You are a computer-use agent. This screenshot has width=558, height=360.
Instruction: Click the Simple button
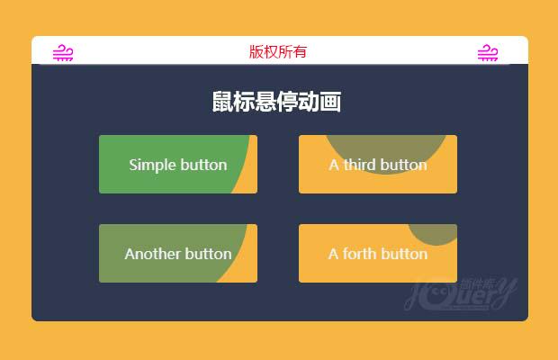click(x=178, y=165)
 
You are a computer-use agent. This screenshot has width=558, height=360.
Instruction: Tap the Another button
click(x=178, y=254)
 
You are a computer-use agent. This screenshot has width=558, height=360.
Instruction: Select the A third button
click(x=378, y=165)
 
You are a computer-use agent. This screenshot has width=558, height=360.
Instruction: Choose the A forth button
click(x=378, y=254)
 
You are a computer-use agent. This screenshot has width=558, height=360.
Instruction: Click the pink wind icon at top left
click(x=63, y=53)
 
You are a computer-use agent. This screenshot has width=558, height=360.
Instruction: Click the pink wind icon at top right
click(x=488, y=53)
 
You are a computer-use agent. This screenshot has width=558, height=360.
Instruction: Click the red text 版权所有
click(x=278, y=51)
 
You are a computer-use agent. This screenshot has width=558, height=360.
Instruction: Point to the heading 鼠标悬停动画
click(x=276, y=102)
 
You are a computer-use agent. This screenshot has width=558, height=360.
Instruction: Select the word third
click(x=360, y=165)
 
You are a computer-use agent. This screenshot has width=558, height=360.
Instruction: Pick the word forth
click(x=360, y=254)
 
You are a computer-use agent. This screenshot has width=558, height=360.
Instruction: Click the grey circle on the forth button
click(x=436, y=234)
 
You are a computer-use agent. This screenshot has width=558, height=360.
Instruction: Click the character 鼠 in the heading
click(x=221, y=102)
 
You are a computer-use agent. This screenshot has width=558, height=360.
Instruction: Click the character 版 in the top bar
click(x=256, y=51)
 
